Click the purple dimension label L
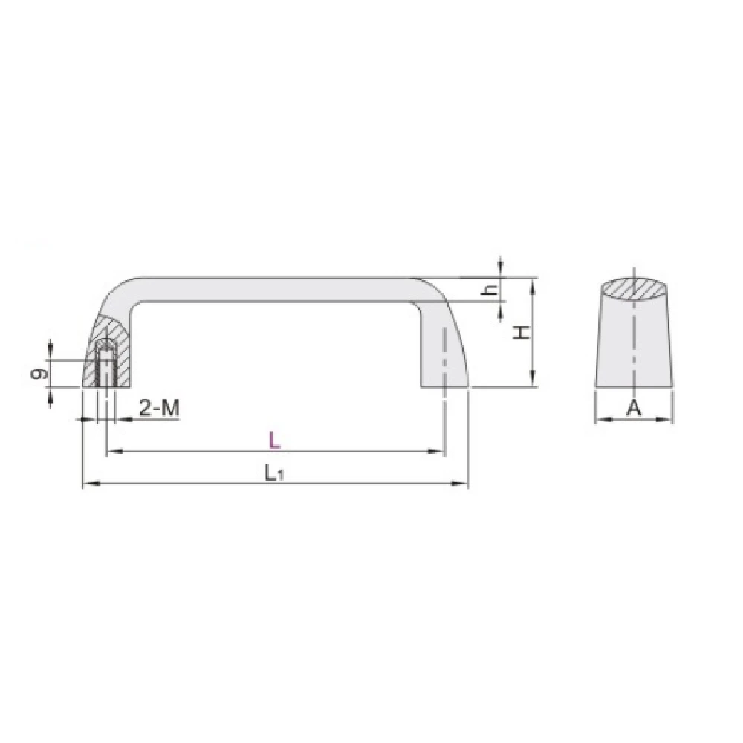275,440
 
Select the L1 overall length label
274,473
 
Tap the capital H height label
522,332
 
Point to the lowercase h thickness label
491,290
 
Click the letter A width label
634,408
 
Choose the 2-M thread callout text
160,408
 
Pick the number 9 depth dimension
40,374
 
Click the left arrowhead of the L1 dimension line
91,484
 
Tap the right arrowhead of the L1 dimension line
460,484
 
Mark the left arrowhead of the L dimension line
114,452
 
